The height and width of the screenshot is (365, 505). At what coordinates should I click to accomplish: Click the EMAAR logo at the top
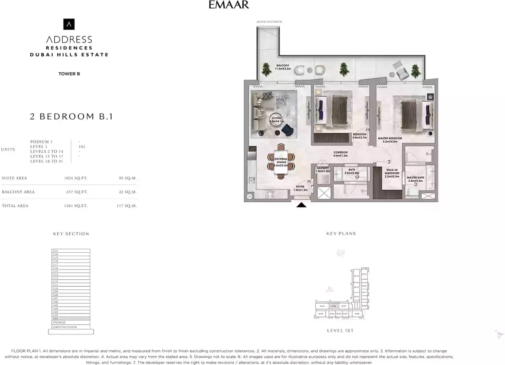[229, 5]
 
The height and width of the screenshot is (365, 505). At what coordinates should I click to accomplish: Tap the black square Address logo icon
[69, 24]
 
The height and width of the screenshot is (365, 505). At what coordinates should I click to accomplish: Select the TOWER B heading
[69, 74]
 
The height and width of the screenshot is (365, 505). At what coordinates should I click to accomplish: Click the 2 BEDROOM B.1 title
[71, 116]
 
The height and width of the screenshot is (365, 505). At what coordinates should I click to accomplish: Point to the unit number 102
[82, 146]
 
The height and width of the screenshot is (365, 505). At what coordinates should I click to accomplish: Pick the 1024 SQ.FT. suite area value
[76, 178]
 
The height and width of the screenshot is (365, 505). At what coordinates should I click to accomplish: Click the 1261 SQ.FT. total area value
[76, 206]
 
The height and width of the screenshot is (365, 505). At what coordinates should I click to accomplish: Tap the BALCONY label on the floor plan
[282, 66]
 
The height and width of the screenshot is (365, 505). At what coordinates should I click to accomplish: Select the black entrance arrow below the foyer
[302, 205]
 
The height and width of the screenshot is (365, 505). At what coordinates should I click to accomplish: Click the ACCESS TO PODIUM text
[269, 21]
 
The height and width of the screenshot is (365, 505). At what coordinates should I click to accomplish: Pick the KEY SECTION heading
[71, 234]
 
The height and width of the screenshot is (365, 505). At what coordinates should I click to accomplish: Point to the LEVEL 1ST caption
[340, 331]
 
